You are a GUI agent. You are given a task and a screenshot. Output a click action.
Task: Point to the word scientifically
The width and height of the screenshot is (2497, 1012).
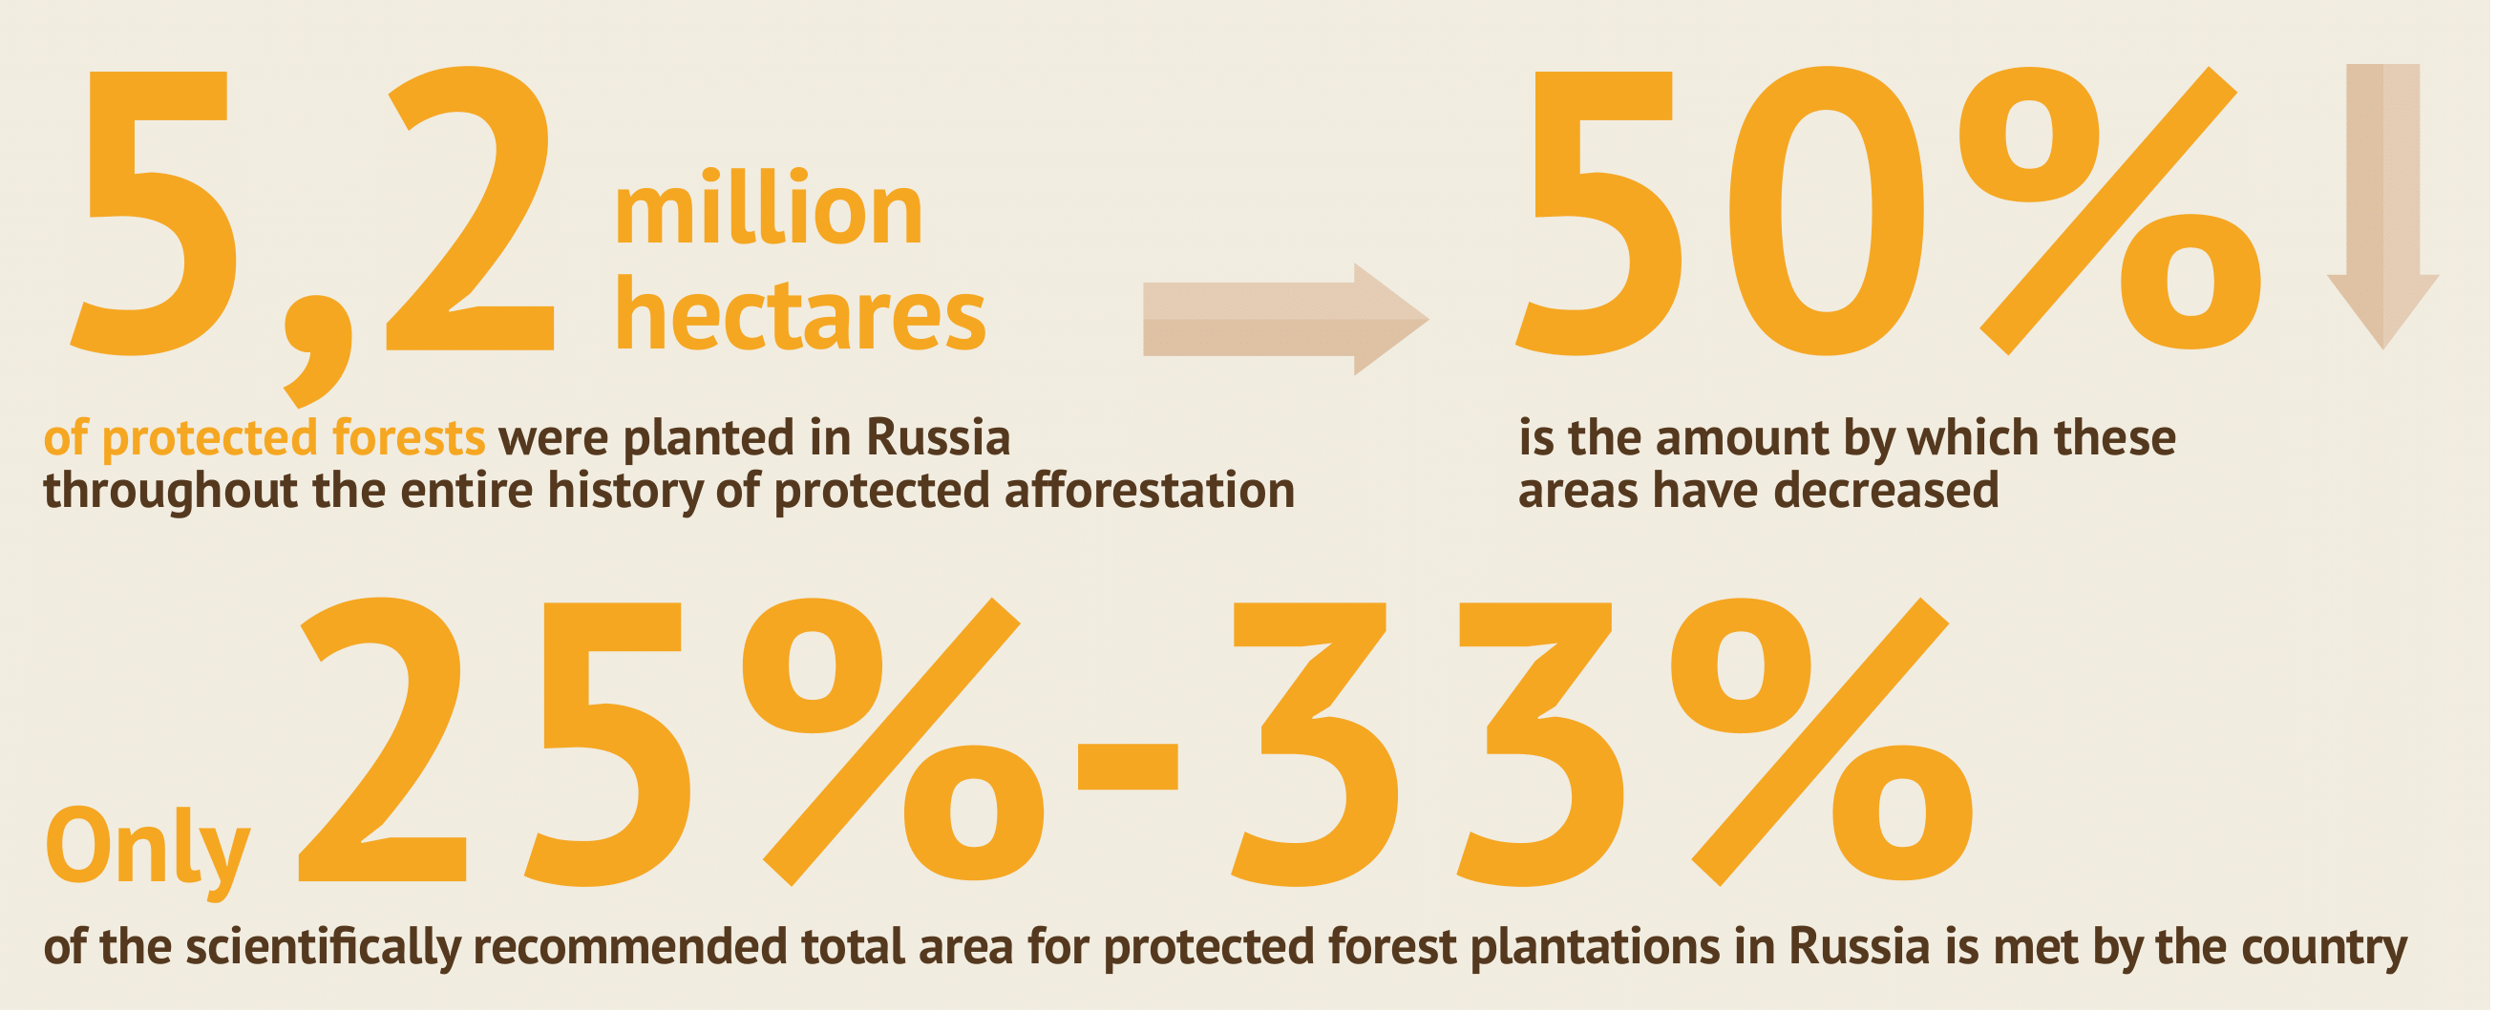pyautogui.click(x=323, y=948)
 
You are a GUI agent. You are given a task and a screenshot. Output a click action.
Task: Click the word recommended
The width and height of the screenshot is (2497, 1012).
pyautogui.click(x=632, y=948)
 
